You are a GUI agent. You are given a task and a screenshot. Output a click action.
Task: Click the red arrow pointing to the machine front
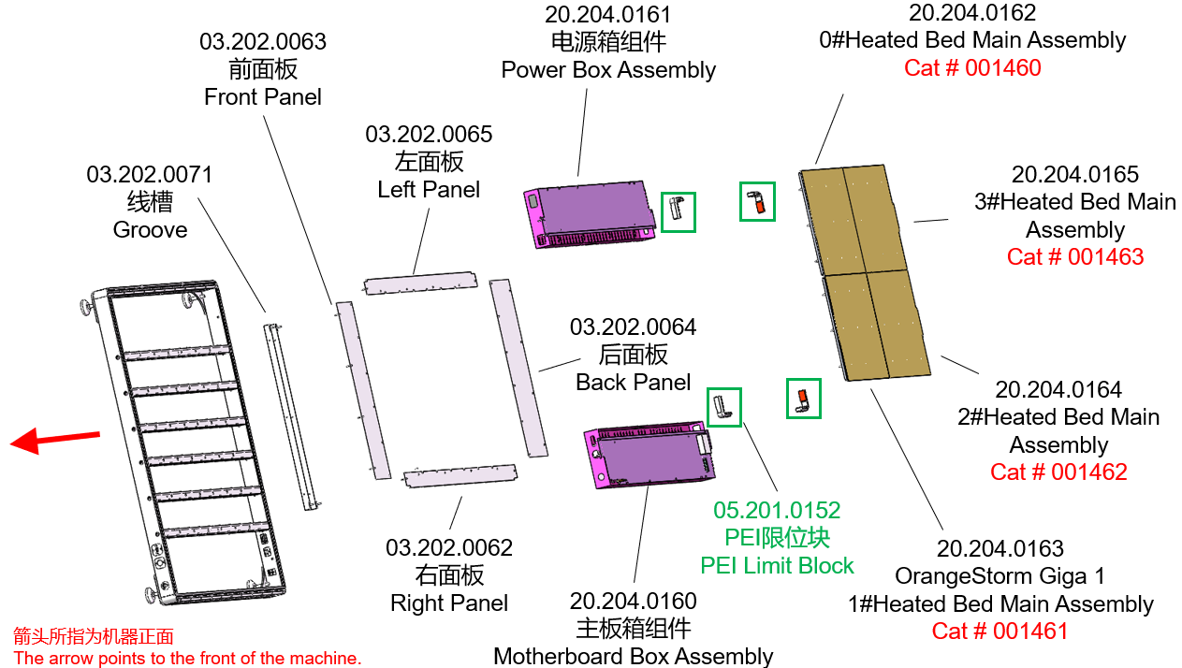(x=54, y=439)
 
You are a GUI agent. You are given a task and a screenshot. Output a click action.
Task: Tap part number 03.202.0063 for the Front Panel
(x=263, y=42)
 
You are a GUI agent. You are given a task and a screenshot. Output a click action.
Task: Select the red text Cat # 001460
(x=972, y=68)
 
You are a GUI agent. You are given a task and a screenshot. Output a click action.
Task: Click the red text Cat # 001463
(x=1075, y=257)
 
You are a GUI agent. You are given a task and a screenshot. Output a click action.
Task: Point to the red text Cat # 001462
(x=1058, y=472)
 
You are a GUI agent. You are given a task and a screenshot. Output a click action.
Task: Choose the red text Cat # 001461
(x=1000, y=632)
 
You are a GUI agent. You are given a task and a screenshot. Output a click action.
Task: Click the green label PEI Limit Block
(x=777, y=566)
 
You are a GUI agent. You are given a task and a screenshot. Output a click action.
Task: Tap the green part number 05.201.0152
(x=777, y=511)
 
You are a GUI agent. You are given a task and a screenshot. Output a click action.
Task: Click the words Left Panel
(x=429, y=190)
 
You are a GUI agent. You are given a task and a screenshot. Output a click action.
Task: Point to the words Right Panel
(x=449, y=603)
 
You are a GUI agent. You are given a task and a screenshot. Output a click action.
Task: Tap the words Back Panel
(x=634, y=383)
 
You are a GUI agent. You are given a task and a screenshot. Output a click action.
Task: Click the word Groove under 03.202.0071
(x=150, y=230)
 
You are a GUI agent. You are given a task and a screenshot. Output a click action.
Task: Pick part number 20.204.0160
(x=634, y=602)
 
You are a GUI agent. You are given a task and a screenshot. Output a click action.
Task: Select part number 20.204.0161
(x=608, y=15)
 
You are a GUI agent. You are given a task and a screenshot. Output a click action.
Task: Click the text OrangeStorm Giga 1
(x=1000, y=576)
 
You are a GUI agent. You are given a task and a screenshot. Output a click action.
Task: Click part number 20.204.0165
(x=1075, y=175)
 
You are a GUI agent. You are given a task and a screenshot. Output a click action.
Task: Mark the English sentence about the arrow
(x=187, y=659)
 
